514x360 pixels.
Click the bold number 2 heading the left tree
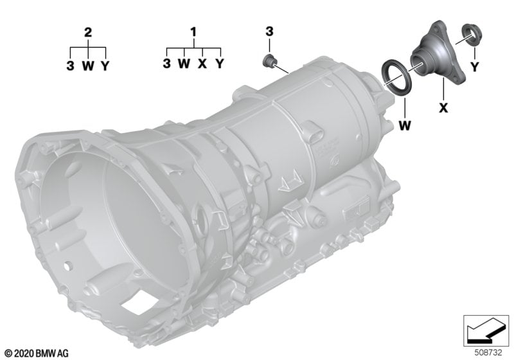[88, 33]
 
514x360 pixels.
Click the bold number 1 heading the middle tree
[194, 32]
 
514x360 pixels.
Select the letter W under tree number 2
[88, 66]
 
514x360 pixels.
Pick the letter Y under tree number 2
[105, 66]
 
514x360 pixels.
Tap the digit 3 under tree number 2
[70, 66]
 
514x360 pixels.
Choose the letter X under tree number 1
[202, 63]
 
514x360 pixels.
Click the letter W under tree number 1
[184, 63]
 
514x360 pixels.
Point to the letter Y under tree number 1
[220, 63]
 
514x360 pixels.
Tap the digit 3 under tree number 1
[167, 63]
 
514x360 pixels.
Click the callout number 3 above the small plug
[269, 32]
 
